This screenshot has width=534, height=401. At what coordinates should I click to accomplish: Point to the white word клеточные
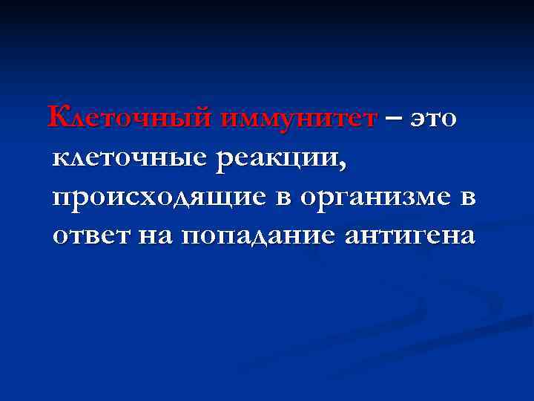tap(129, 157)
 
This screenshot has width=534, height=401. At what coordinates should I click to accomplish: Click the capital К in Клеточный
tap(59, 117)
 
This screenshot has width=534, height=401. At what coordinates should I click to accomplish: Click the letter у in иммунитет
tap(293, 120)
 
